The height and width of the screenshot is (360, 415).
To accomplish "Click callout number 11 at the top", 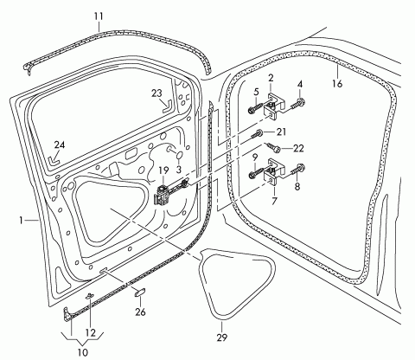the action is click(x=99, y=16).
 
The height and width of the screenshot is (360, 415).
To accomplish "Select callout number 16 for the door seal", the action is click(x=337, y=84).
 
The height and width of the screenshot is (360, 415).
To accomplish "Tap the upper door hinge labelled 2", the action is click(x=274, y=106).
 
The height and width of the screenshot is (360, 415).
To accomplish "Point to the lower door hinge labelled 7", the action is click(x=274, y=172).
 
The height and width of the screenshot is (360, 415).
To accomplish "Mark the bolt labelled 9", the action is click(x=255, y=172).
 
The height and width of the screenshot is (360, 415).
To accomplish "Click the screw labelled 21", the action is click(x=258, y=133).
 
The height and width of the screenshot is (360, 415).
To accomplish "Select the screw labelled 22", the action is click(x=273, y=148).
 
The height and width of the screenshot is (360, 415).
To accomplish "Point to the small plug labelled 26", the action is click(x=140, y=292).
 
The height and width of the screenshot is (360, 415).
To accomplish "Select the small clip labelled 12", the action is click(x=90, y=295).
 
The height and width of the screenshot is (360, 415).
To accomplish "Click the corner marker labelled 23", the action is click(x=167, y=106).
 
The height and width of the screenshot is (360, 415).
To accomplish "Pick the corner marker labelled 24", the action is click(x=54, y=160).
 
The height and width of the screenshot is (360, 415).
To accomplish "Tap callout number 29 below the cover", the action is click(x=222, y=337).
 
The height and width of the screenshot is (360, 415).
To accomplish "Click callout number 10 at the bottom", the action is click(x=83, y=352).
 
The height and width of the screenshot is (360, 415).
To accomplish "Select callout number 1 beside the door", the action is click(x=21, y=221).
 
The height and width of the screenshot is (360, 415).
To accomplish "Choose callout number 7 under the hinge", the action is click(x=274, y=201).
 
